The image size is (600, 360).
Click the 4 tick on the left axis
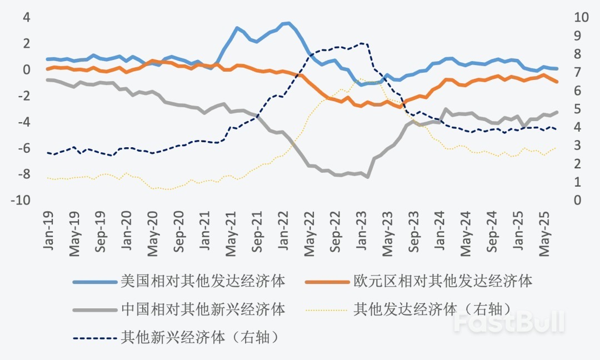point(26,17)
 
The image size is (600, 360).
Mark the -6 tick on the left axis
point(23,148)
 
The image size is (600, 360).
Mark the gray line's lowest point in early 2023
point(368,177)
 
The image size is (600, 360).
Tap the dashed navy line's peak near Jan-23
point(362,43)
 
